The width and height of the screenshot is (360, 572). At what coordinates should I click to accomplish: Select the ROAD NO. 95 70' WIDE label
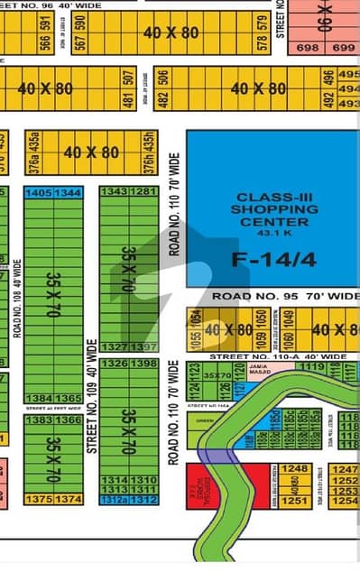pos(286,296)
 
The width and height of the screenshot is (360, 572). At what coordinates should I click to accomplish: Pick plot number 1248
pos(294,469)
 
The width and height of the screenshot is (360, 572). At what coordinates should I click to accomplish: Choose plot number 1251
pos(294,501)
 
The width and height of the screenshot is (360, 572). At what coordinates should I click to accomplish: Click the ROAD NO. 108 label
pos(17,298)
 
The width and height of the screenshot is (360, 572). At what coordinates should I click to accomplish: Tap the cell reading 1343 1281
pos(129,191)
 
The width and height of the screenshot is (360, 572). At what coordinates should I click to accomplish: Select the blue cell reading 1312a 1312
pos(129,500)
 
